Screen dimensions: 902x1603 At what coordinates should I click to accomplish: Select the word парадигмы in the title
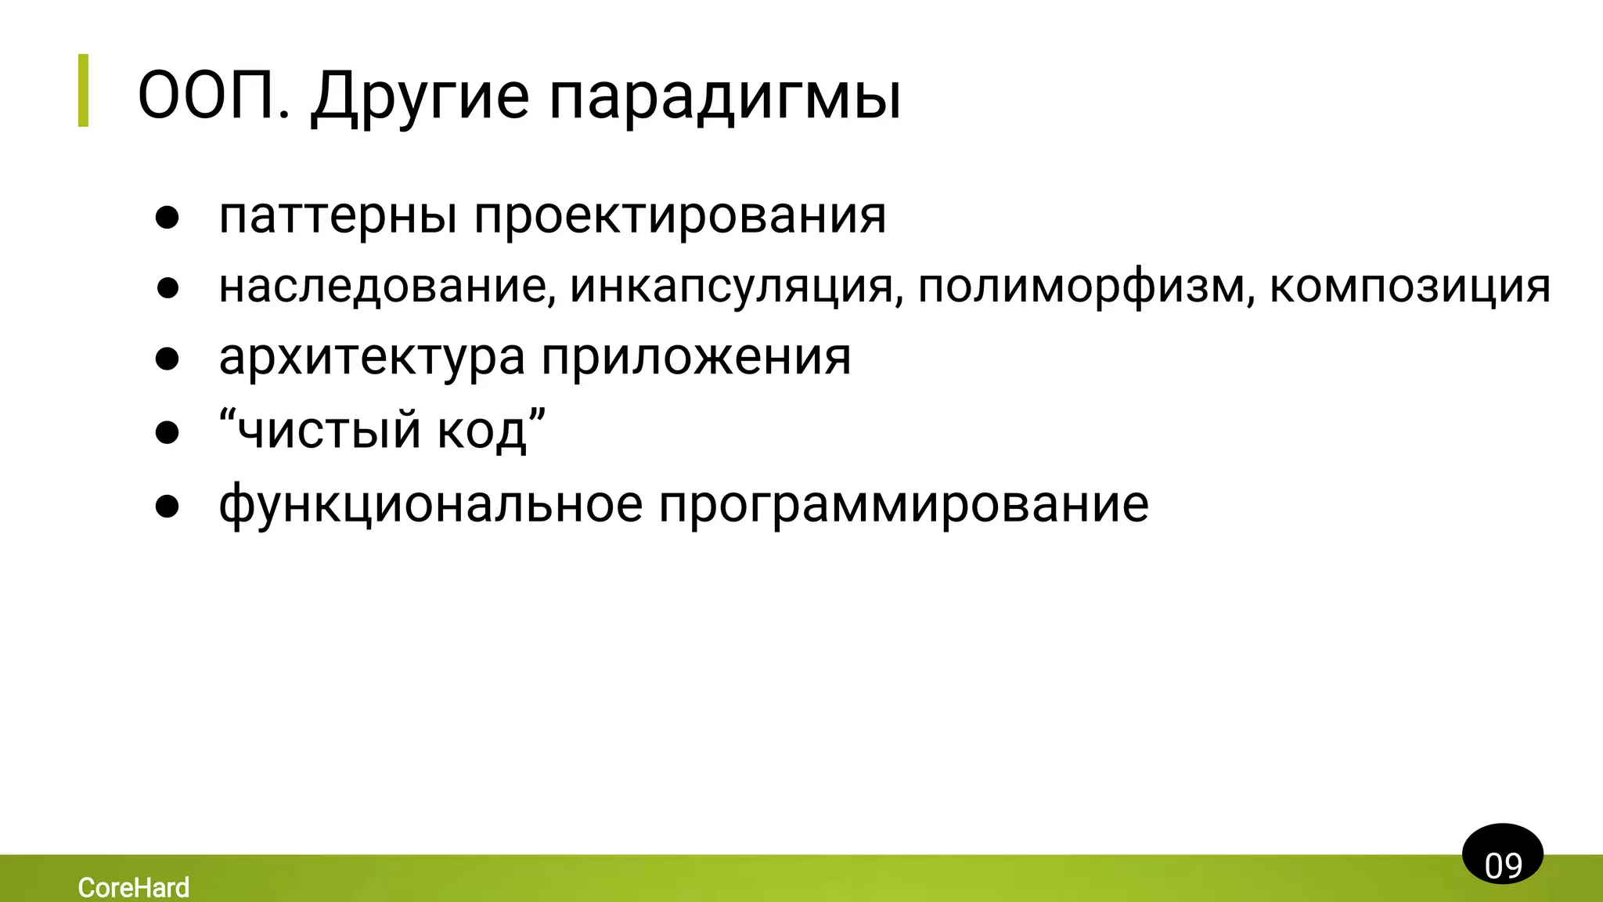tap(724, 97)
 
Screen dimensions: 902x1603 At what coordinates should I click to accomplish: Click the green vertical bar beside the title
tap(83, 90)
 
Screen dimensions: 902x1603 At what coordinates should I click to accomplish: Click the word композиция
tap(1409, 287)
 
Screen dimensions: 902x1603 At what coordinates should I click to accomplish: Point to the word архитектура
tap(372, 358)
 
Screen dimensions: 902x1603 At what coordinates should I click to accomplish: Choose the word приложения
tap(696, 358)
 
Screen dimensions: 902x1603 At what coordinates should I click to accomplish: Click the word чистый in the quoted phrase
tap(329, 430)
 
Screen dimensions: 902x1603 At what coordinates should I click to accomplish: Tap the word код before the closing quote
tap(481, 431)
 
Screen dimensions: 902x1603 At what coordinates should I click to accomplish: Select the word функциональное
tap(430, 503)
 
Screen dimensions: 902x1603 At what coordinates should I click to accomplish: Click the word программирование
tap(903, 503)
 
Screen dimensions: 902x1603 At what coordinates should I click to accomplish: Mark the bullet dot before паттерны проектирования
tap(168, 218)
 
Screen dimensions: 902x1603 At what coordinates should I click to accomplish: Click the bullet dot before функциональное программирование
tap(168, 506)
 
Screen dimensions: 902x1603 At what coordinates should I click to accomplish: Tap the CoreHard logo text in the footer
tap(134, 887)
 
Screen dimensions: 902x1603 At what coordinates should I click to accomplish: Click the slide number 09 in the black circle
tap(1503, 866)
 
